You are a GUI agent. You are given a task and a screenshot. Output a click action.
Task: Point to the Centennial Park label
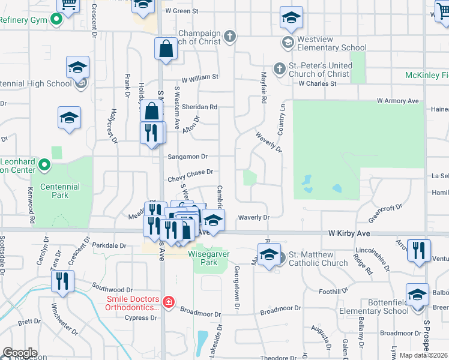click(x=60, y=191)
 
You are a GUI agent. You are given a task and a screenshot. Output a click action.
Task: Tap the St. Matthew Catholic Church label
click(x=318, y=259)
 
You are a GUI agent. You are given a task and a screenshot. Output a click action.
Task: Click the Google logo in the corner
click(x=20, y=353)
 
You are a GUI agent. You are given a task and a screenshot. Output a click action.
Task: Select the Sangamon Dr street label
click(x=188, y=157)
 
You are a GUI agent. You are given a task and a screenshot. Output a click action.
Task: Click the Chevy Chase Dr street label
click(x=191, y=172)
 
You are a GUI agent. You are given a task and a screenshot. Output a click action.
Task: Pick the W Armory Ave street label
click(x=397, y=101)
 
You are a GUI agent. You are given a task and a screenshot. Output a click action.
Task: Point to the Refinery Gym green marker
click(x=56, y=19)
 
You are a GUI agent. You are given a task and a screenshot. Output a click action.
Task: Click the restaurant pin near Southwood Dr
click(x=62, y=281)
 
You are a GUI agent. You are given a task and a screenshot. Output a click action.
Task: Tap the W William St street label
click(x=200, y=77)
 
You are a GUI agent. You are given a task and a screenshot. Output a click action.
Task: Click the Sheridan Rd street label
click(x=200, y=107)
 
